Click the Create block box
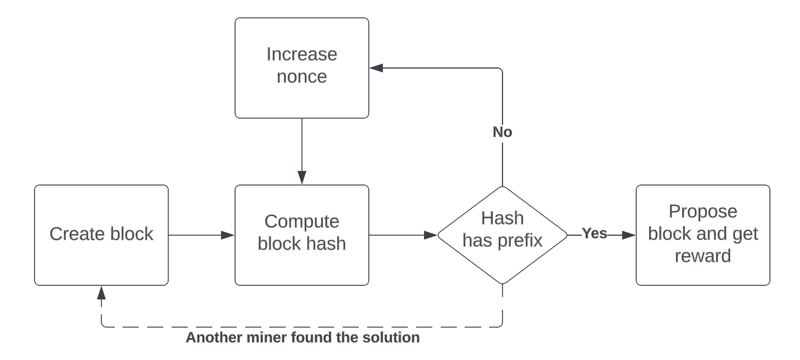[x=101, y=235]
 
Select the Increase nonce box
[x=301, y=67]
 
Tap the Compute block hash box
[x=301, y=235]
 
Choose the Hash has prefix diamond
[x=503, y=235]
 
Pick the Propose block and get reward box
[x=703, y=235]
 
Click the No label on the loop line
[x=503, y=133]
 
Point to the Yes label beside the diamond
[x=594, y=234]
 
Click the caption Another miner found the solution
[x=303, y=338]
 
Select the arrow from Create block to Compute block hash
[x=201, y=235]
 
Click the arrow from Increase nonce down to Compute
[x=301, y=150]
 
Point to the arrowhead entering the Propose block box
[x=629, y=235]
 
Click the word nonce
[x=301, y=77]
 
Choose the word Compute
[x=301, y=222]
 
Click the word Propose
[x=703, y=212]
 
